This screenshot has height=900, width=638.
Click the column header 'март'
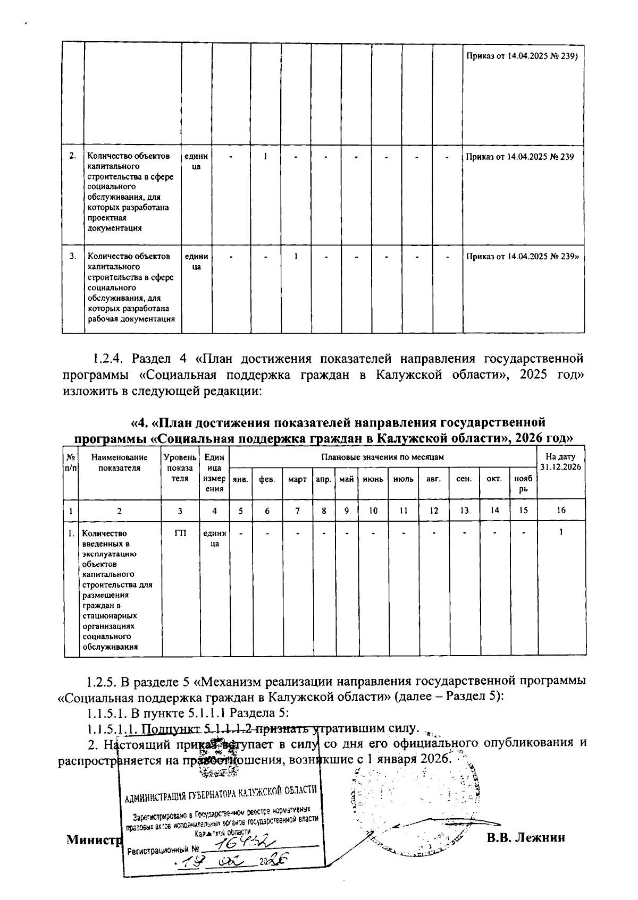point(297,479)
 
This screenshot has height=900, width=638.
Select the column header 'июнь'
point(373,479)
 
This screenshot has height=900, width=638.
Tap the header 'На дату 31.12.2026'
point(561,461)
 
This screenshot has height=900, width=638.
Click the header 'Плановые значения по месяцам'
point(382,457)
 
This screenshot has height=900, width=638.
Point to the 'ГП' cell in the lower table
point(180,533)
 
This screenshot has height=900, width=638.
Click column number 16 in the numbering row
point(561,510)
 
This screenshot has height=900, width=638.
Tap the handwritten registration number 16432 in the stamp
point(247,843)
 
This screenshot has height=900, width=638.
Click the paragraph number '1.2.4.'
point(108,357)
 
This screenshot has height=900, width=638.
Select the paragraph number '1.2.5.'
point(103,682)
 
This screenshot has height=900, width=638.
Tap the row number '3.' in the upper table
point(73,257)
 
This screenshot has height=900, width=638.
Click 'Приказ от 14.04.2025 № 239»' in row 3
point(523,257)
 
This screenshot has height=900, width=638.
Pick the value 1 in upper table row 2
point(265,157)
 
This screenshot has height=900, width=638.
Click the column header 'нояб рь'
point(524,483)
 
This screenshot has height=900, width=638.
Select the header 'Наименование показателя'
point(119,462)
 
